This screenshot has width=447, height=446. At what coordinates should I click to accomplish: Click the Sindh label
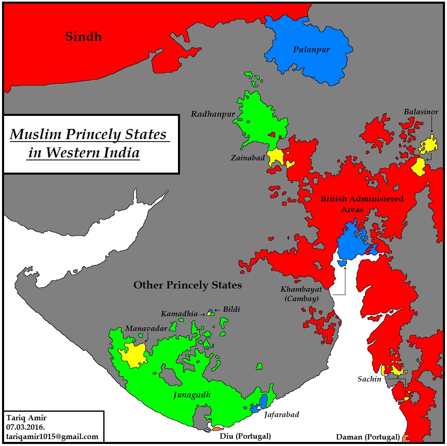click(83, 37)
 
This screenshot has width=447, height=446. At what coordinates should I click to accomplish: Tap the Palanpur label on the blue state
click(311, 50)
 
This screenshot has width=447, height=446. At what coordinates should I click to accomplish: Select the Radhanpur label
click(213, 114)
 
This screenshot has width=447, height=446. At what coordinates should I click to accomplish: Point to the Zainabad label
click(247, 158)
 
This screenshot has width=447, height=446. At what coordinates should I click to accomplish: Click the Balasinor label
click(421, 112)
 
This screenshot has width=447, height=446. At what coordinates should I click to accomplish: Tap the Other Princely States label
click(187, 285)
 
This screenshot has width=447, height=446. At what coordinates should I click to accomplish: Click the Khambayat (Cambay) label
click(301, 294)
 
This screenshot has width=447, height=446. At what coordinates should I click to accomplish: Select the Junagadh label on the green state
click(192, 395)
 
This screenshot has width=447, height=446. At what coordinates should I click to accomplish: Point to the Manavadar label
click(146, 328)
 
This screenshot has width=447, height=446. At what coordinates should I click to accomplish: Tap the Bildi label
click(231, 309)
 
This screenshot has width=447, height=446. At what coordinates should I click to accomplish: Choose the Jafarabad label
click(281, 415)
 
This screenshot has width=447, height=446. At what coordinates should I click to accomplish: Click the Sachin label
click(369, 379)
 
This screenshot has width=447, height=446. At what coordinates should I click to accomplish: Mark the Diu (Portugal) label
click(245, 436)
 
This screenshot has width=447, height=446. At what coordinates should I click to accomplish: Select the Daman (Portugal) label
click(367, 437)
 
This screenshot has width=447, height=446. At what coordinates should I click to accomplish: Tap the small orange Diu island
click(218, 429)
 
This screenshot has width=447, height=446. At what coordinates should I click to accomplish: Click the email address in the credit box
click(52, 436)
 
